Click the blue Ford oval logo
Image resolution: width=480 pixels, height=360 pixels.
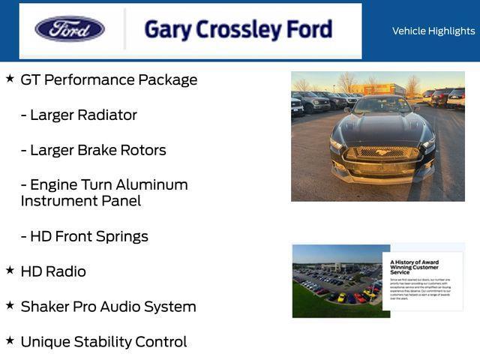(70, 29)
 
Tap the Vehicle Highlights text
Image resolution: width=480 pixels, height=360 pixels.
(433, 31)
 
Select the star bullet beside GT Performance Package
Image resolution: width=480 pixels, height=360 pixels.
(10, 78)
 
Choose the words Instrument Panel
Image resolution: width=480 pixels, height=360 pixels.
(80, 201)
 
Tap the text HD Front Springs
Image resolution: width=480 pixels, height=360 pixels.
(88, 236)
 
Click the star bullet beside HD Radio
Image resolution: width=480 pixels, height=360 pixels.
(10, 269)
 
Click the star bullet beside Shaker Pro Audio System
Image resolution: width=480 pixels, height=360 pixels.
(10, 304)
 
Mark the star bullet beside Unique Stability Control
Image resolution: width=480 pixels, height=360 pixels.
(10, 340)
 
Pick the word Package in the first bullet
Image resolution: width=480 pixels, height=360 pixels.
(166, 80)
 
